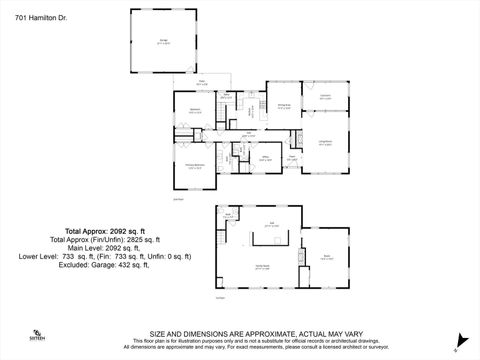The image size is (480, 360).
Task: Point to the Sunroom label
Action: (x=325, y=97)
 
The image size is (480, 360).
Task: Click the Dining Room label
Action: (x=284, y=107)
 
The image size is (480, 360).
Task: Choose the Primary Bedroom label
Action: (x=195, y=166)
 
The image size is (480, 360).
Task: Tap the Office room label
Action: (x=266, y=156)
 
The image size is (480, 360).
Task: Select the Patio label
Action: (x=200, y=83)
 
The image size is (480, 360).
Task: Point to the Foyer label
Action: (x=292, y=157)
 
